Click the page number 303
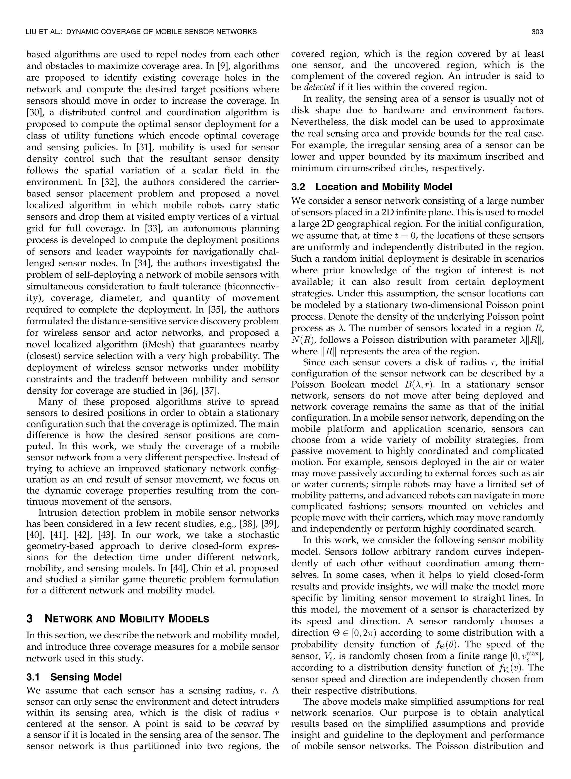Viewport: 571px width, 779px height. [538, 32]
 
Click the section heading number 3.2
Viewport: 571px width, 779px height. [300, 187]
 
